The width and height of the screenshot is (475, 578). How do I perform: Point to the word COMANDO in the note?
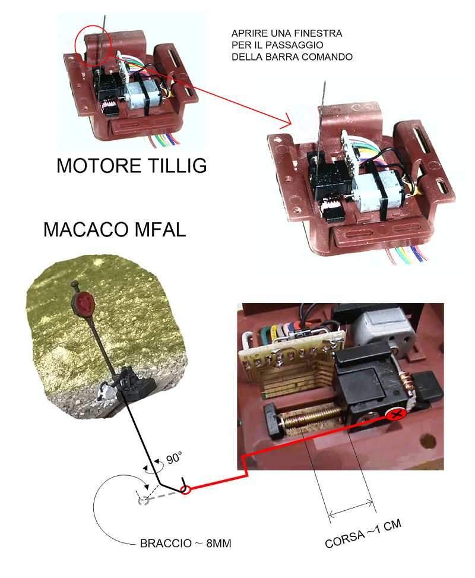(x=331, y=57)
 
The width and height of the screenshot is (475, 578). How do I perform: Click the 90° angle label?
(x=173, y=458)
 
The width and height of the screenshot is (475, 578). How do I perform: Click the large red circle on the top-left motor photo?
(x=93, y=42)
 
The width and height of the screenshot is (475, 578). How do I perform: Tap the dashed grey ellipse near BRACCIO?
(x=142, y=500)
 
